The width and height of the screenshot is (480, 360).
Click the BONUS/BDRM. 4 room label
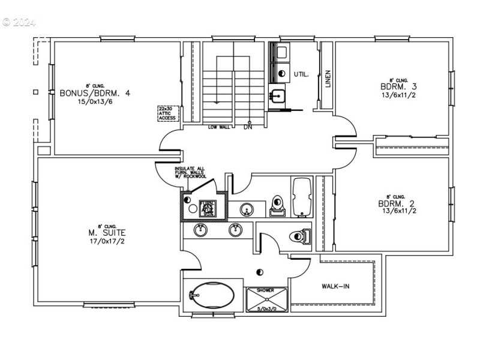tap(95, 93)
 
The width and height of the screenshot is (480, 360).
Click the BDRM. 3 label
tap(398, 86)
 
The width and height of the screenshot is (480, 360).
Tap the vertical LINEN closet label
tap(328, 80)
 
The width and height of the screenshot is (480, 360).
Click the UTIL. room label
tap(301, 74)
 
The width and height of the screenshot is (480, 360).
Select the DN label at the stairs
tap(248, 128)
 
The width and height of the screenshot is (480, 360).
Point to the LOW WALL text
tap(220, 127)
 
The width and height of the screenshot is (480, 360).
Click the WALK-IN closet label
tap(335, 286)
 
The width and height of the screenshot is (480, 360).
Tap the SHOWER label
tap(265, 290)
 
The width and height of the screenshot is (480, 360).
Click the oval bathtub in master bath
tap(210, 295)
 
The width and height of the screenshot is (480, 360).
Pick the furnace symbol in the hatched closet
tap(208, 208)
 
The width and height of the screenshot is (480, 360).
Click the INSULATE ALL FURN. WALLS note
tap(191, 173)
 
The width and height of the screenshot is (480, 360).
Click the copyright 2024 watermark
tap(19, 22)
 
